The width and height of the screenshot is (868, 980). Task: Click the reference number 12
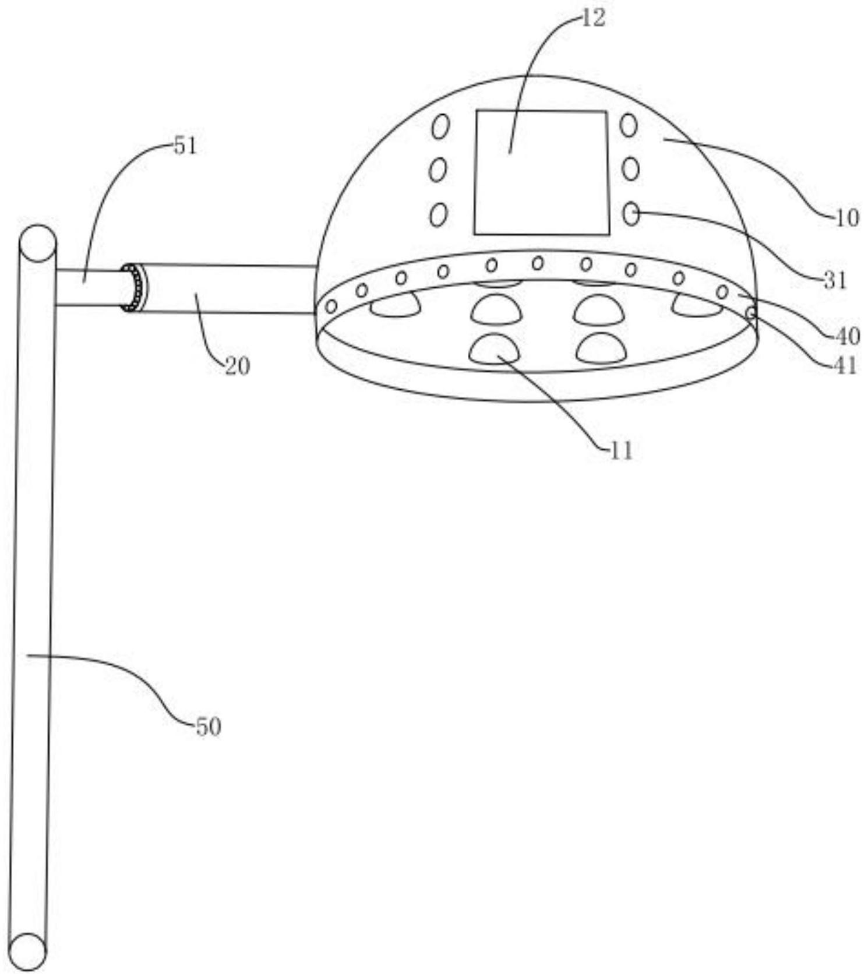pyautogui.click(x=594, y=19)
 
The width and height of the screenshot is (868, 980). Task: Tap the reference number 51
pyautogui.click(x=185, y=146)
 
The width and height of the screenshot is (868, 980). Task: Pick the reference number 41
pyautogui.click(x=845, y=366)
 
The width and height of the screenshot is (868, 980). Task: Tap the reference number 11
pyautogui.click(x=620, y=450)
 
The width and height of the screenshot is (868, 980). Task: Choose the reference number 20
pyautogui.click(x=237, y=366)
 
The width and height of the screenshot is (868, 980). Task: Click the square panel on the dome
pyautogui.click(x=541, y=172)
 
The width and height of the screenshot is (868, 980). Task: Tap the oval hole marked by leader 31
pyautogui.click(x=630, y=214)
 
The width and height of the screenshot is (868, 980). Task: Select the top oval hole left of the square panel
pyautogui.click(x=440, y=126)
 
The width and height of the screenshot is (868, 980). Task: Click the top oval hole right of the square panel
pyautogui.click(x=629, y=125)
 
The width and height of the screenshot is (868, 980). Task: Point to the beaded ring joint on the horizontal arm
pyautogui.click(x=134, y=288)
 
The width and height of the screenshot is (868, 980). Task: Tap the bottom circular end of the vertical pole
pyautogui.click(x=27, y=951)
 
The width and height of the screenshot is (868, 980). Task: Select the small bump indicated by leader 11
pyautogui.click(x=494, y=349)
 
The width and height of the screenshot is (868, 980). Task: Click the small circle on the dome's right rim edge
pyautogui.click(x=751, y=313)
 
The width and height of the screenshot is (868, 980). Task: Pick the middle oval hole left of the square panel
pyautogui.click(x=437, y=170)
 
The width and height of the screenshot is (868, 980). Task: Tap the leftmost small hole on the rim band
pyautogui.click(x=331, y=306)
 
